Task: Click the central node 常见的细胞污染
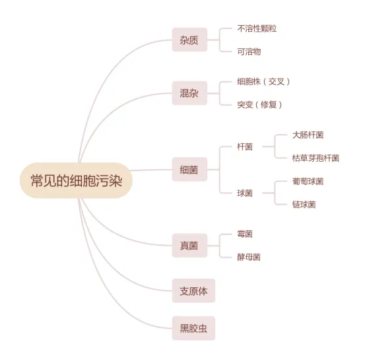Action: (x=76, y=180)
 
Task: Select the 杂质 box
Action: (x=189, y=40)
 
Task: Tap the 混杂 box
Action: (x=189, y=93)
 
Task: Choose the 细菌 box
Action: (x=189, y=169)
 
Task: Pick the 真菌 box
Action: (x=189, y=246)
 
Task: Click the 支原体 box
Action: (x=193, y=291)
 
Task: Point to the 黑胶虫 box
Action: (x=193, y=328)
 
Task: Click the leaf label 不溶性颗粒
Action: (x=257, y=28)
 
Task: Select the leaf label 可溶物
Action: (x=249, y=52)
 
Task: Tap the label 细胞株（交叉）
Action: (x=263, y=81)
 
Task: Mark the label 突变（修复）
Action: (x=259, y=104)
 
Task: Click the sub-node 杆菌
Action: (x=245, y=147)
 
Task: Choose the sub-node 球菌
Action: (x=245, y=193)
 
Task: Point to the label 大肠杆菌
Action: (x=308, y=135)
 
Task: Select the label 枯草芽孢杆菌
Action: (x=315, y=158)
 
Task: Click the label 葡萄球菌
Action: (x=308, y=181)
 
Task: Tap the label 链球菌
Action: (x=304, y=204)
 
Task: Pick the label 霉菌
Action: (x=245, y=234)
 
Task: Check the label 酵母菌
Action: (x=249, y=257)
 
